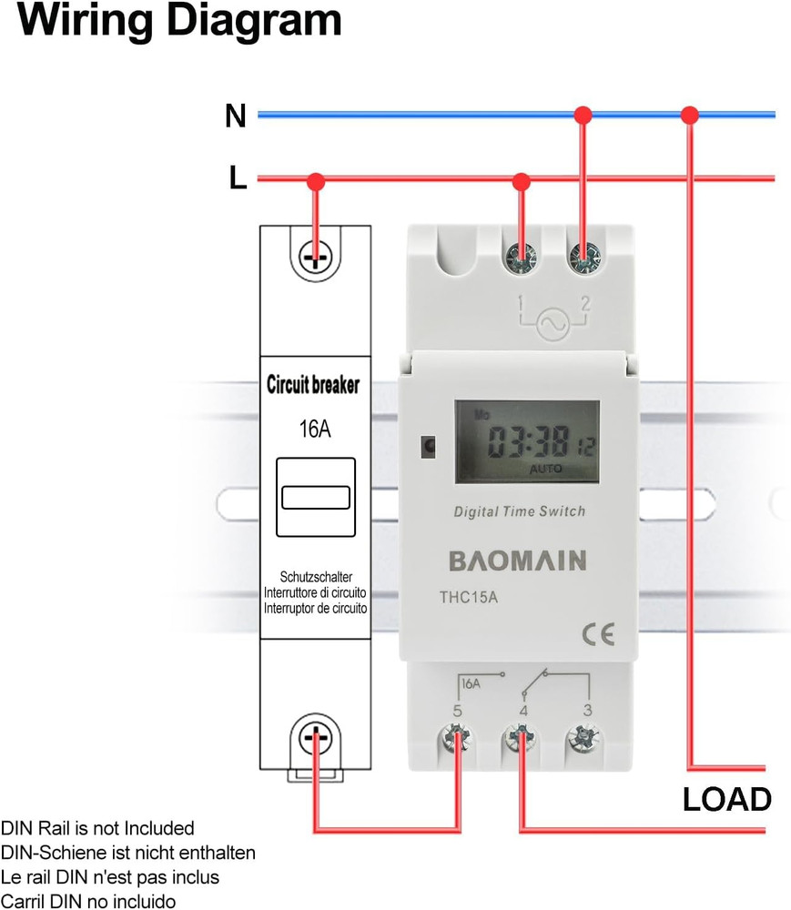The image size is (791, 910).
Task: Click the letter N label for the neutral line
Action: tap(236, 116)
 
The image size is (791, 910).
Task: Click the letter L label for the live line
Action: tap(238, 178)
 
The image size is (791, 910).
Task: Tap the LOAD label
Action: tap(727, 799)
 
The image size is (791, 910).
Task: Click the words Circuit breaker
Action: tap(313, 385)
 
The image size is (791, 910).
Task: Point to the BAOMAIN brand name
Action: tap(518, 560)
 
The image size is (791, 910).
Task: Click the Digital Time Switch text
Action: tap(520, 512)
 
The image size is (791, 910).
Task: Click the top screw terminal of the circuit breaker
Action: tap(315, 257)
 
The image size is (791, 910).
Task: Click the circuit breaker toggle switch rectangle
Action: tap(315, 497)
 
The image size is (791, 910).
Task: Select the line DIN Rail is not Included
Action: tap(97, 829)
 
